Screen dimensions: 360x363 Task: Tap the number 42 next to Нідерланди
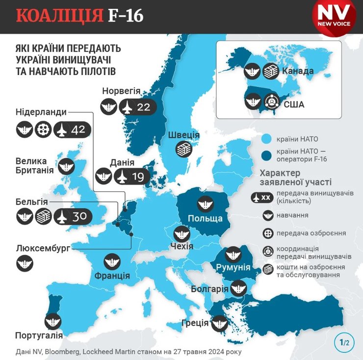coord(78,129)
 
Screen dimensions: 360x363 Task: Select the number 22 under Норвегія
coord(143,106)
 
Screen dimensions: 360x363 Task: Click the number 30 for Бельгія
coord(78,216)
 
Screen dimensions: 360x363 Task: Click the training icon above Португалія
coord(52,321)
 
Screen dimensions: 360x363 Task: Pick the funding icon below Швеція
coord(184,148)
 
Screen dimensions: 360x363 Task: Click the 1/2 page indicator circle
coord(344,342)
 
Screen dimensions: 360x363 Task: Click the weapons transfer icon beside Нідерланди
coord(43,129)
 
